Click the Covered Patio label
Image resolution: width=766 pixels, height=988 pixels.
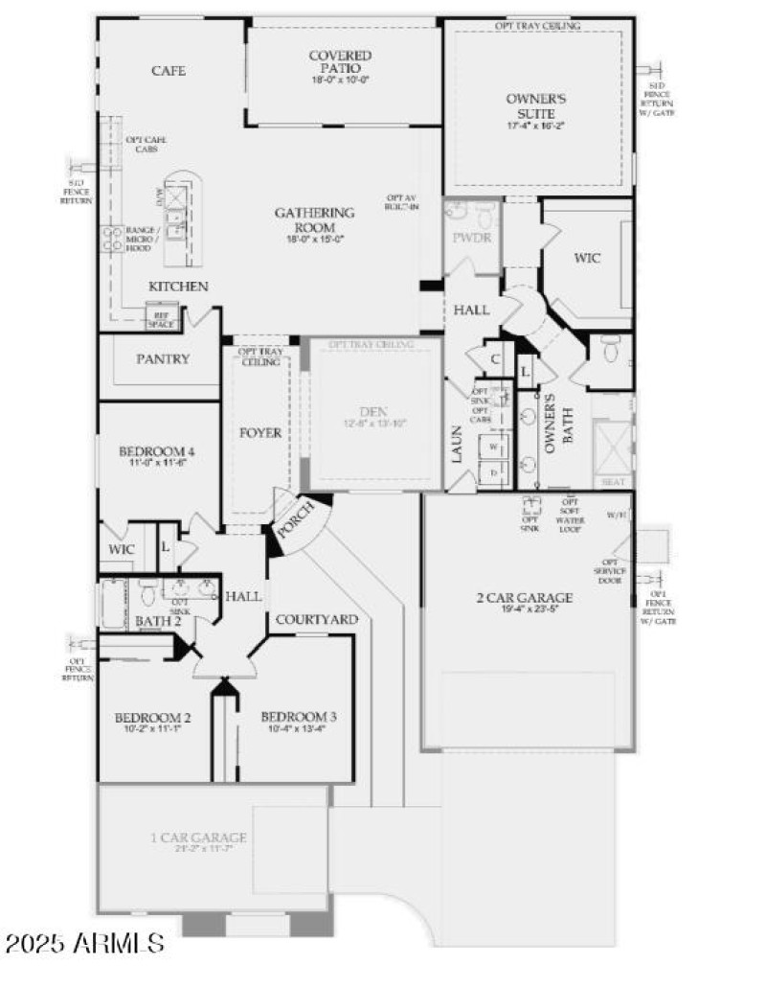pyautogui.click(x=340, y=62)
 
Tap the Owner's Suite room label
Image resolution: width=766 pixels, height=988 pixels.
pyautogui.click(x=536, y=105)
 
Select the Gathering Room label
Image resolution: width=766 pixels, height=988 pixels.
pyautogui.click(x=314, y=219)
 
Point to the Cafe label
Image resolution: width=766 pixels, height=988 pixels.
pyautogui.click(x=169, y=71)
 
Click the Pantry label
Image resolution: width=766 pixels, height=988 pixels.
pyautogui.click(x=163, y=359)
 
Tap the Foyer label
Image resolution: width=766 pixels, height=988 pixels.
pyautogui.click(x=260, y=433)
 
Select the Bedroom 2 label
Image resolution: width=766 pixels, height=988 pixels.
pyautogui.click(x=153, y=718)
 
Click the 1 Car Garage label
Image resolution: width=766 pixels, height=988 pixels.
pyautogui.click(x=198, y=838)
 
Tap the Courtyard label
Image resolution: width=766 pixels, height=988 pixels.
pyautogui.click(x=316, y=620)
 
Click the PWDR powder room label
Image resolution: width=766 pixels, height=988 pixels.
pyautogui.click(x=473, y=237)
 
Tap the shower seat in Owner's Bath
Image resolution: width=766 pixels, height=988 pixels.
pyautogui.click(x=612, y=481)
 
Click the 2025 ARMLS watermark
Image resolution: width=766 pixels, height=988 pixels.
pyautogui.click(x=83, y=943)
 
